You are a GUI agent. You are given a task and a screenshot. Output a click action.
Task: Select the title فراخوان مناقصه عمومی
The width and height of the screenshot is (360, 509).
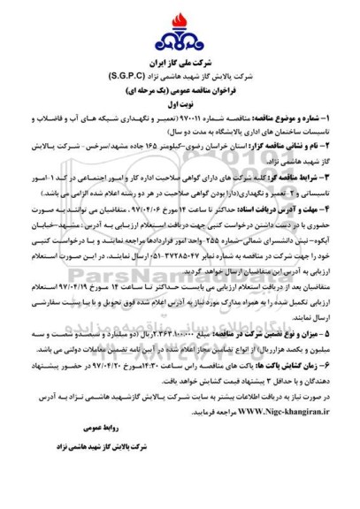point(180,91)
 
